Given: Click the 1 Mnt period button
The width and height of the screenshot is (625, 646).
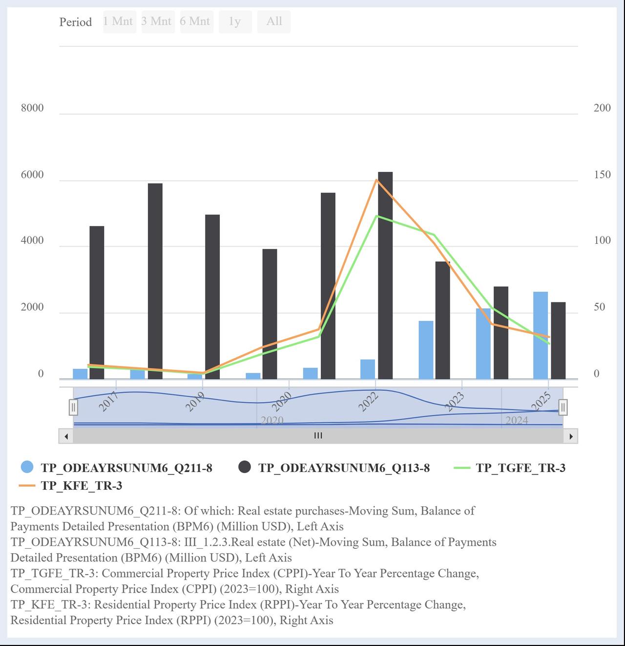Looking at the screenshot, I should (119, 22).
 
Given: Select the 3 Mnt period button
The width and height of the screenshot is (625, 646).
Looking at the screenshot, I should (157, 22).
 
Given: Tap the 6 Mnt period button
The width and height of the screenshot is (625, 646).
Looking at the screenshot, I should (196, 22).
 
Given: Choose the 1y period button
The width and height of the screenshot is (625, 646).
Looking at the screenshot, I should (235, 22).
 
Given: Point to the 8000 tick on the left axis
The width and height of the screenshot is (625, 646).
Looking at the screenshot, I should (32, 108).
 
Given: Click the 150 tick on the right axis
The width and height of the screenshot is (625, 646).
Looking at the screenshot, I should (602, 175).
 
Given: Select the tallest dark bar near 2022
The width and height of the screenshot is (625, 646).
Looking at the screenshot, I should (385, 274).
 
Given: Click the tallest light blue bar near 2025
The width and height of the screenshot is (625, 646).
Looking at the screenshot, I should (540, 335).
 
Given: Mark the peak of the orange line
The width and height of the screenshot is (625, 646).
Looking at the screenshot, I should (376, 180).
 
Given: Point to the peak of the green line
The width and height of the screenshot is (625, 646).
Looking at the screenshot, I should (376, 216).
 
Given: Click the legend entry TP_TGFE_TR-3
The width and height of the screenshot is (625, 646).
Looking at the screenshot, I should (520, 468).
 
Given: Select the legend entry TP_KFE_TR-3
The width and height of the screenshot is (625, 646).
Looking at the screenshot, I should (81, 486).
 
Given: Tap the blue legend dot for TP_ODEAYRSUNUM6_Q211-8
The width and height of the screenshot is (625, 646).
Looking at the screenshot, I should (27, 467).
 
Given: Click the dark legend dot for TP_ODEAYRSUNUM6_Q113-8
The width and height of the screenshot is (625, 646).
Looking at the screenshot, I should (245, 467).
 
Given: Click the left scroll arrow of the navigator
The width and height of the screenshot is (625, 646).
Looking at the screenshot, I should (66, 436).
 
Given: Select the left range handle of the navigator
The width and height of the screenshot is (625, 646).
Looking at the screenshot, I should (73, 407).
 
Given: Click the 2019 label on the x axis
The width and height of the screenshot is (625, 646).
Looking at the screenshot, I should (195, 402).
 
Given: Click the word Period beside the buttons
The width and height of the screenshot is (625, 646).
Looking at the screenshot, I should (75, 22).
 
